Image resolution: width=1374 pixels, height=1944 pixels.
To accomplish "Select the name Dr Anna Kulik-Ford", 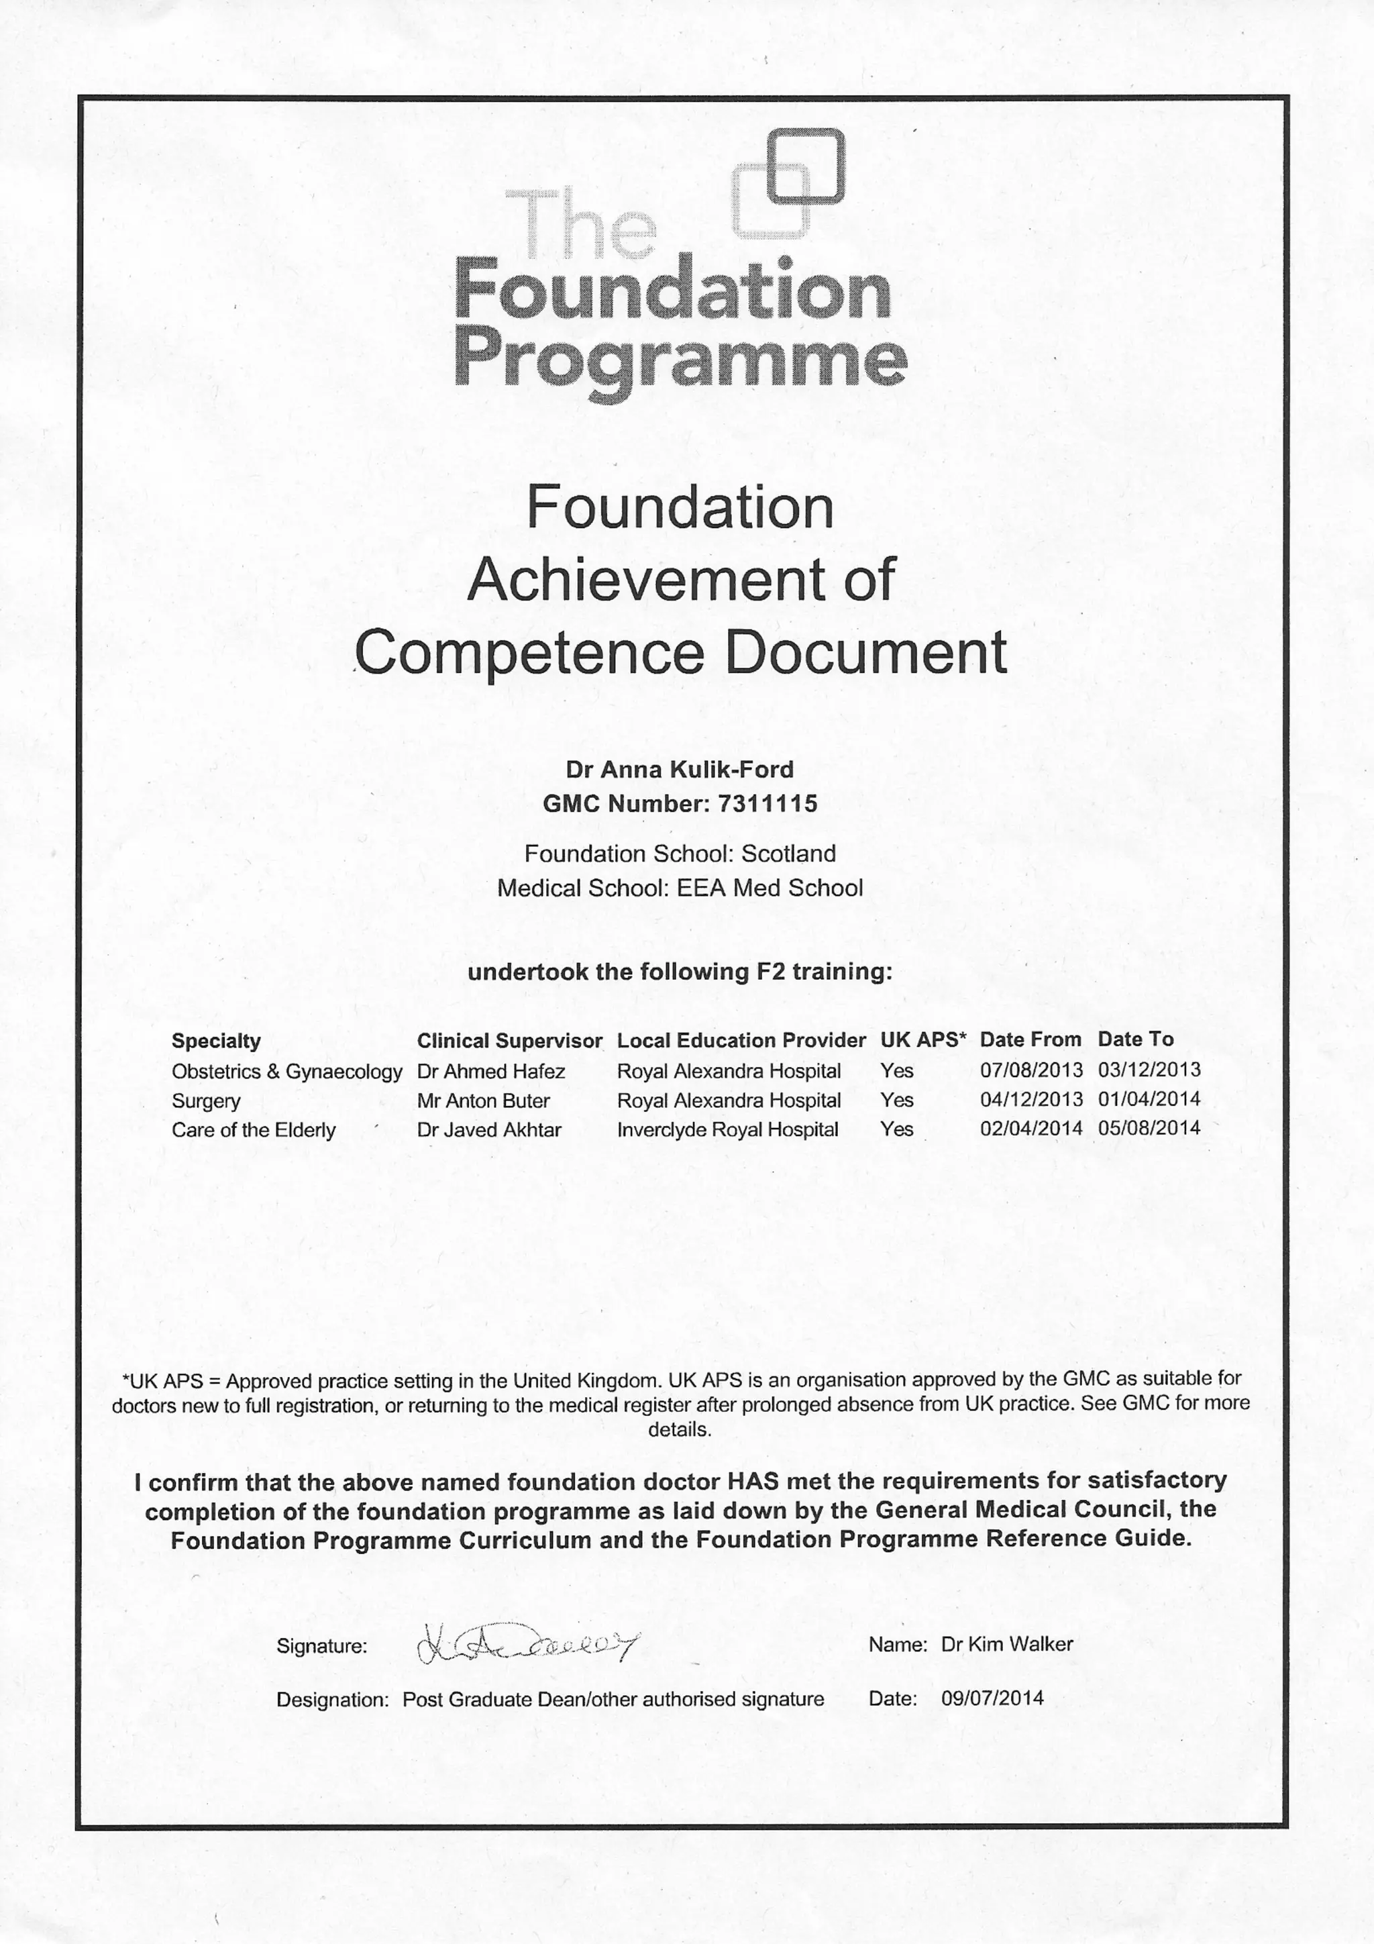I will click(680, 770).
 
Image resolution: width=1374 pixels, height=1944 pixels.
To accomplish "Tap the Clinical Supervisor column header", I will click(509, 1041).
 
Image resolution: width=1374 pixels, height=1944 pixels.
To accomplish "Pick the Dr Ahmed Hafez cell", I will click(491, 1071).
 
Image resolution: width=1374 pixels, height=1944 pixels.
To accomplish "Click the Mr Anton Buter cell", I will click(484, 1101).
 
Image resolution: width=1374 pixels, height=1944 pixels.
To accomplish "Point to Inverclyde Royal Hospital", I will click(727, 1129).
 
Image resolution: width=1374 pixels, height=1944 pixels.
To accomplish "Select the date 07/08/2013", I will click(1030, 1070).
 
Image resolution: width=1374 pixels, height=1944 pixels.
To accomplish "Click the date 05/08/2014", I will click(1149, 1128).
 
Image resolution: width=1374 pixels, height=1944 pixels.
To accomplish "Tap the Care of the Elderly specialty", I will click(253, 1130).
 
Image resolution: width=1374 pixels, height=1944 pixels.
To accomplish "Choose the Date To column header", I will click(1135, 1039).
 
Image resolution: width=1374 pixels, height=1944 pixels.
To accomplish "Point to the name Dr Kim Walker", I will click(1006, 1644).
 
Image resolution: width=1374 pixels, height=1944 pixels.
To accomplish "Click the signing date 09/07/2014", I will click(992, 1698).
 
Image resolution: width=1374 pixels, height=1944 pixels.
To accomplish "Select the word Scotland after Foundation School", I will click(788, 854).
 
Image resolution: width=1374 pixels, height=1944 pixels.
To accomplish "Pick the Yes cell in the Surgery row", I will click(896, 1100).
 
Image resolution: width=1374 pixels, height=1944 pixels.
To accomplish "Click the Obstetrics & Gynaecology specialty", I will click(286, 1072).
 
